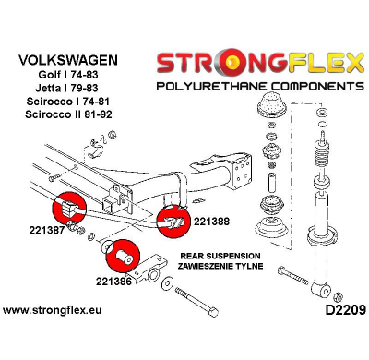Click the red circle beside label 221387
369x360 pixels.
pyautogui.click(x=69, y=209)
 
